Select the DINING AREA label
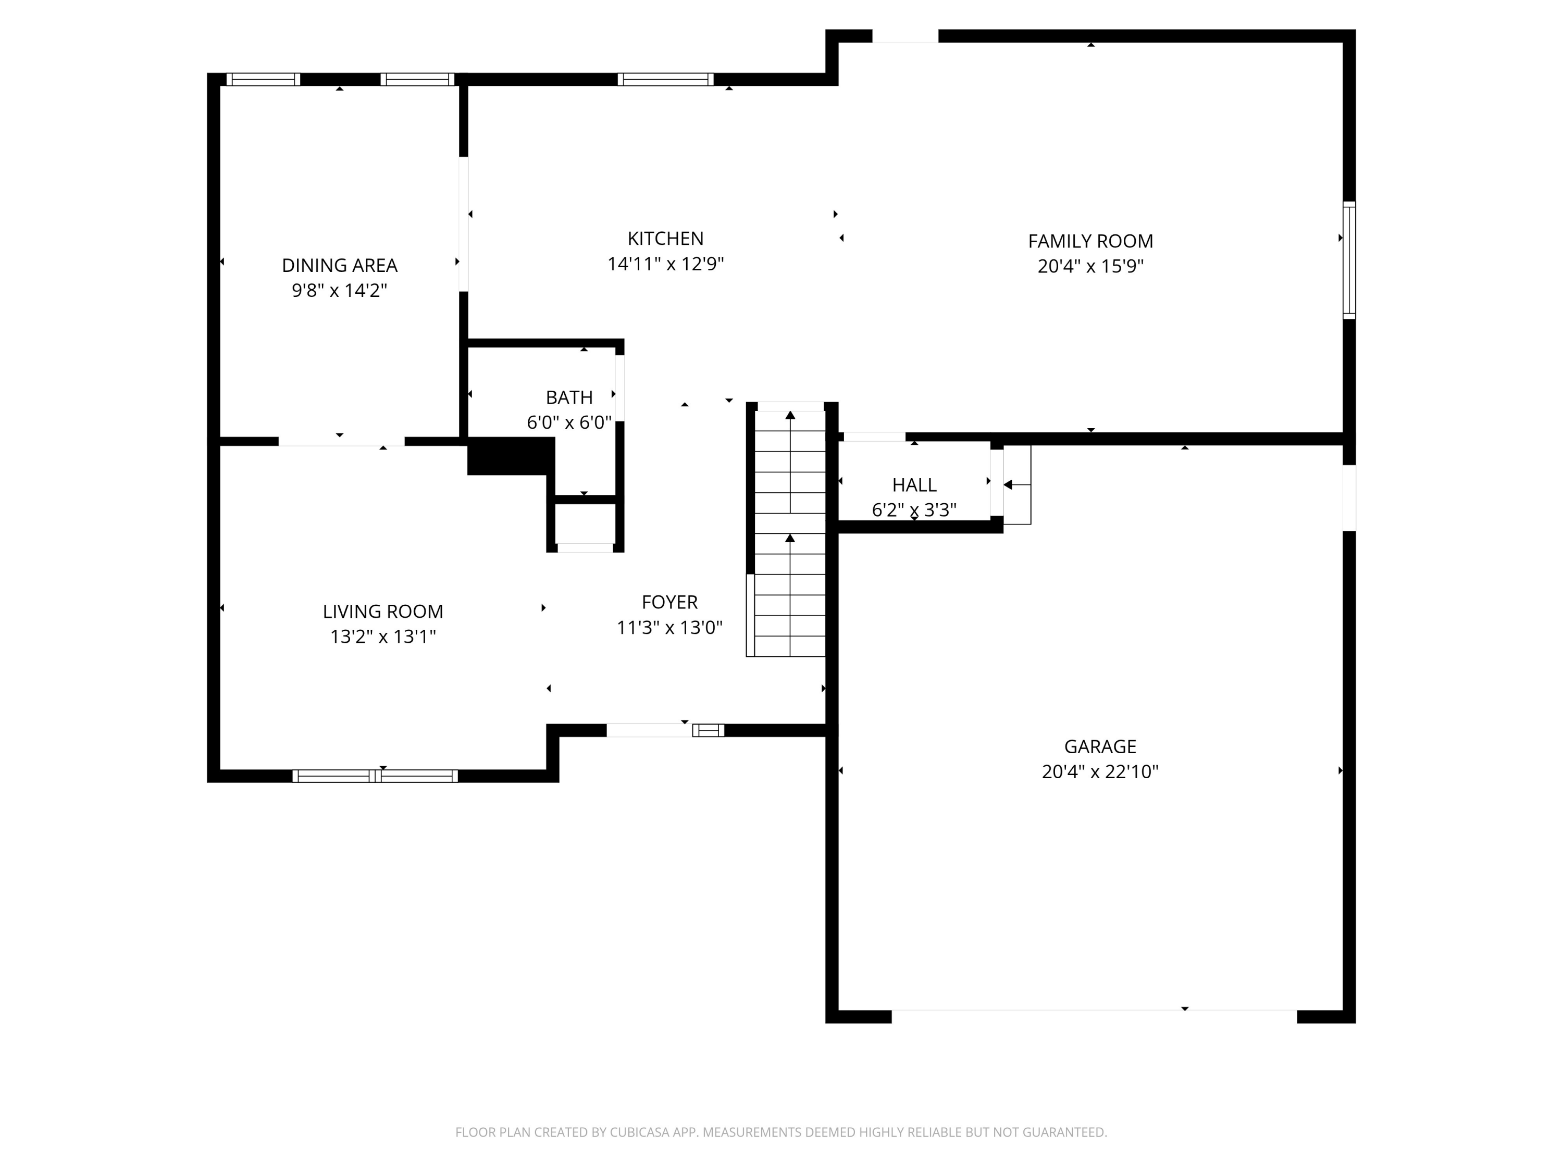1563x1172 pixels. click(x=339, y=266)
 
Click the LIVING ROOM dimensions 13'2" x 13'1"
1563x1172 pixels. click(x=382, y=637)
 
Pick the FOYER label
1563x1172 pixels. click(x=669, y=603)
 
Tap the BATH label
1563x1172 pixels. click(x=569, y=398)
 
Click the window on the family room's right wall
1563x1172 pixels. click(x=1348, y=260)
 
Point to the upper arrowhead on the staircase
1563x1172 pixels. click(x=790, y=415)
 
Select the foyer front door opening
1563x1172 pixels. click(x=649, y=730)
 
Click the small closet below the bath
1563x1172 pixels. click(x=585, y=524)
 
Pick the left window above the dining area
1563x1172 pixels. click(x=263, y=79)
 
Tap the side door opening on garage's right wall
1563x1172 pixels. click(x=1348, y=497)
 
